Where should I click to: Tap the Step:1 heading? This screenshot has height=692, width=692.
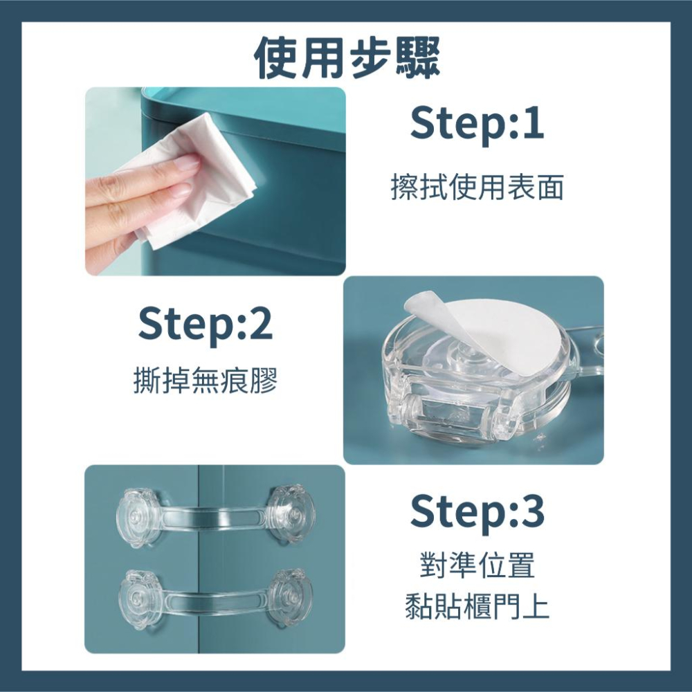tap(477, 124)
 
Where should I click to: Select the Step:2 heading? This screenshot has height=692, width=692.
tap(206, 325)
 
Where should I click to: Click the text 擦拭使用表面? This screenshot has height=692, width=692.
tap(477, 188)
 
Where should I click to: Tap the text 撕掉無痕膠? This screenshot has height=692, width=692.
tap(206, 381)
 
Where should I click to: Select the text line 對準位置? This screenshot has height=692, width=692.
tap(477, 567)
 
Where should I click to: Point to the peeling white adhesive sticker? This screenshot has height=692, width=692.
tap(484, 332)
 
